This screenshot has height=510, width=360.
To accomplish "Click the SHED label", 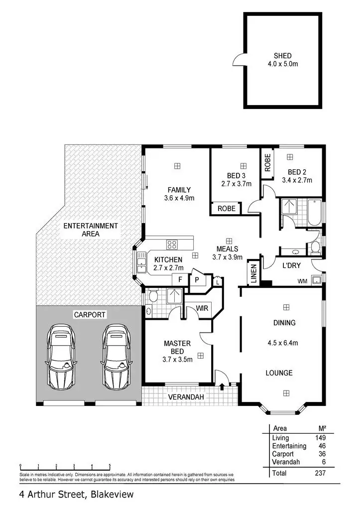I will (282, 56).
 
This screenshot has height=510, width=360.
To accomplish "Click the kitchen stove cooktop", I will (172, 244).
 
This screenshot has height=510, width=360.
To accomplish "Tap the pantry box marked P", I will (196, 280).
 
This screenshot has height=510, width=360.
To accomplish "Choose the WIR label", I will (202, 309).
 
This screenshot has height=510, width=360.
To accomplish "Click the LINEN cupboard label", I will (253, 273).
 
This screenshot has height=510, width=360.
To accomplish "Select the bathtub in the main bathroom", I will (314, 213).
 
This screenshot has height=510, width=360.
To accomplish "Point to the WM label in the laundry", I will (302, 281).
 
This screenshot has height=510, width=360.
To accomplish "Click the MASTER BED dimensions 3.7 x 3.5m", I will (178, 360).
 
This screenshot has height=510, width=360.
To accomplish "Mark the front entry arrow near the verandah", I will (221, 386).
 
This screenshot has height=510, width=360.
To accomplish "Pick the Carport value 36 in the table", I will (321, 454).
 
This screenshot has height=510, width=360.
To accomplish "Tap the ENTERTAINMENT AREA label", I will (91, 230).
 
